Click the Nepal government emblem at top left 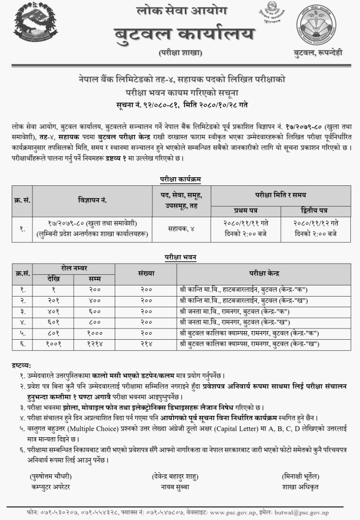click(36, 25)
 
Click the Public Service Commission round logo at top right click(315, 24)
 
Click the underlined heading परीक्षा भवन click(180, 257)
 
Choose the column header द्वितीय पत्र click(315, 211)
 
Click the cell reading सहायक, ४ click(180, 229)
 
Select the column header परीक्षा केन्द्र click(263, 273)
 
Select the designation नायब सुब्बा click(175, 486)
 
